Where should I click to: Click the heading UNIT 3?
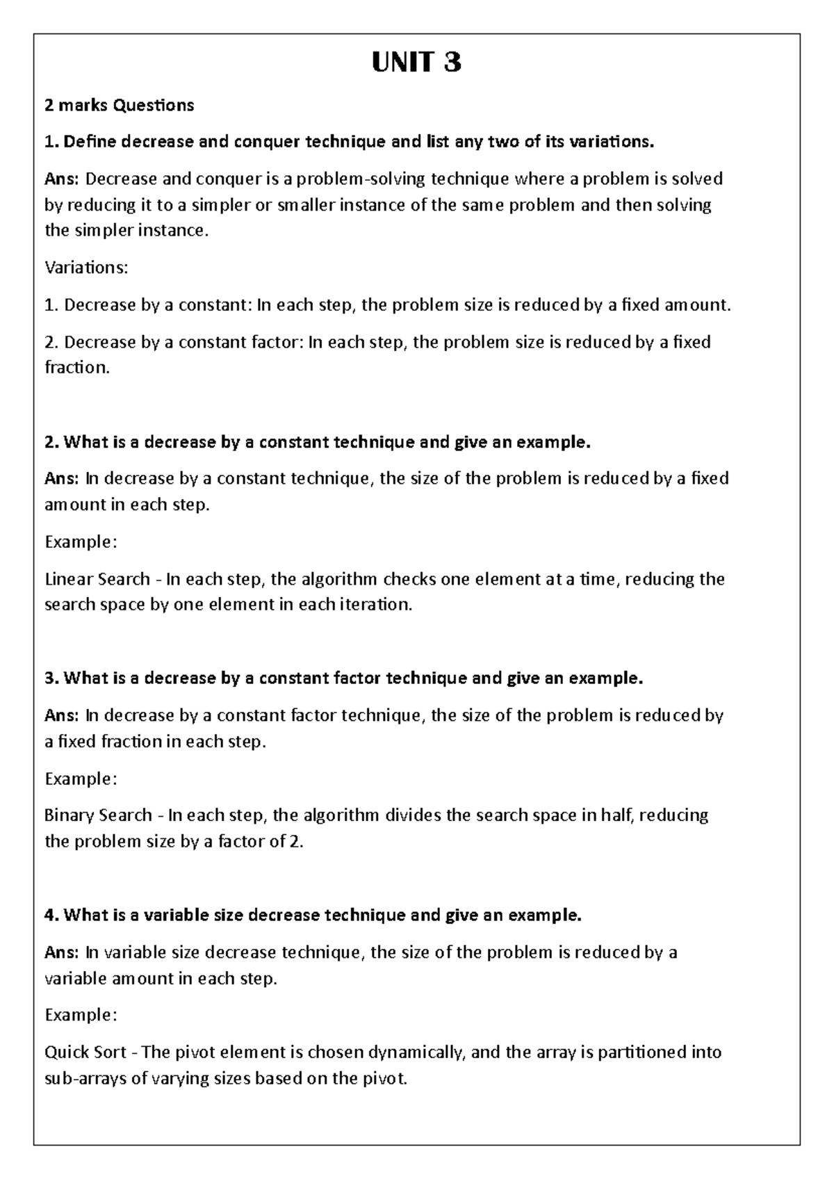pos(416,64)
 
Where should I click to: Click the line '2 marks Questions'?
pos(119,106)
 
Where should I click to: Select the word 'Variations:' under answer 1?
pos(86,268)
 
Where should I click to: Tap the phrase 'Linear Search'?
pos(97,579)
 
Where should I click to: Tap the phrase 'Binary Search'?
pos(98,815)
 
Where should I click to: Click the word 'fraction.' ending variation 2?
pos(77,368)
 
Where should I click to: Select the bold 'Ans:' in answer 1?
pos(63,179)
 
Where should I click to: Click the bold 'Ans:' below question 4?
pos(63,952)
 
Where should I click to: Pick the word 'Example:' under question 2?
pos(81,542)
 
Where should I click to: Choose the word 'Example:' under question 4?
pos(81,1015)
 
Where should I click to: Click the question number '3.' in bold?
pos(51,678)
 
